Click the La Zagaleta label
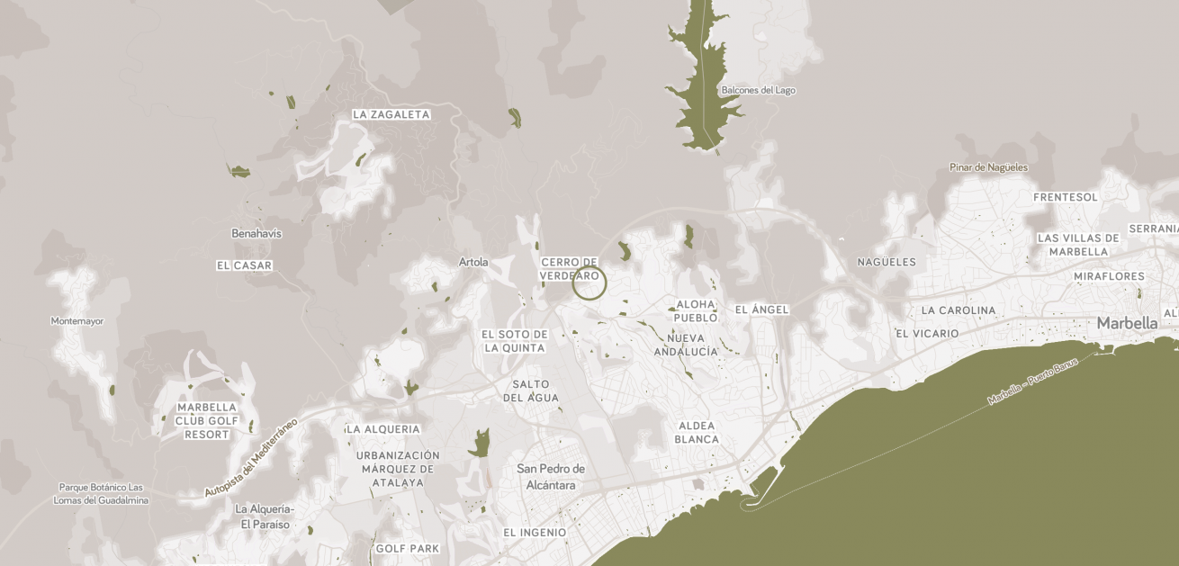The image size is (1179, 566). pyautogui.click(x=391, y=114)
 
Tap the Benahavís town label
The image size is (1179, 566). pyautogui.click(x=256, y=233)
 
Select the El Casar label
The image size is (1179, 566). pyautogui.click(x=244, y=265)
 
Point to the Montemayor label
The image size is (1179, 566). pyautogui.click(x=77, y=320)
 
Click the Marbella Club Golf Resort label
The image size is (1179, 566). pyautogui.click(x=207, y=421)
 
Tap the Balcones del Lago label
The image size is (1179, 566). pyautogui.click(x=758, y=90)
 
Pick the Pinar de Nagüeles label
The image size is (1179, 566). pyautogui.click(x=988, y=167)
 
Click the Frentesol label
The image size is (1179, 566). pyautogui.click(x=1066, y=197)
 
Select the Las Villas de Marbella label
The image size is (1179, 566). pyautogui.click(x=1078, y=245)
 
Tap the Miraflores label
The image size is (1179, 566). pyautogui.click(x=1109, y=276)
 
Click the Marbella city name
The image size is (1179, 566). pyautogui.click(x=1127, y=323)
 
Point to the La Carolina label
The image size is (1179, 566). pyautogui.click(x=958, y=310)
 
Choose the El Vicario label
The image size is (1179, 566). pyautogui.click(x=927, y=333)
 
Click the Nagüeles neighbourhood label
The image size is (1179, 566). pyautogui.click(x=886, y=262)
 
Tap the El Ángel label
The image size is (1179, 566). pyautogui.click(x=761, y=310)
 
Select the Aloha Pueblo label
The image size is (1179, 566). pyautogui.click(x=696, y=310)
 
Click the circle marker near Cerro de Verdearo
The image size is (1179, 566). pyautogui.click(x=589, y=283)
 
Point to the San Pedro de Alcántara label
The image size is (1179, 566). pyautogui.click(x=551, y=477)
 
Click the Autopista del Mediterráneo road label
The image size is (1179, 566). pyautogui.click(x=251, y=457)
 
